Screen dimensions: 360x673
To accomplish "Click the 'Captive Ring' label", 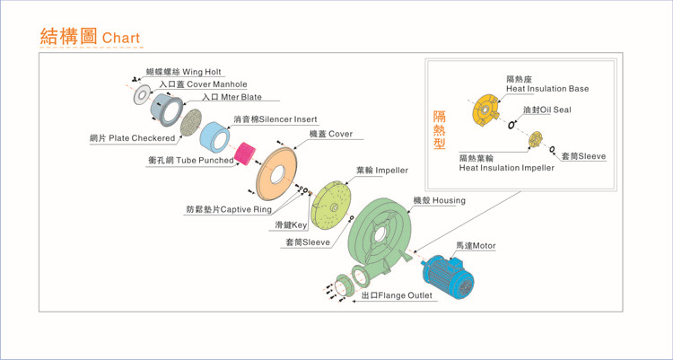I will click(x=229, y=209).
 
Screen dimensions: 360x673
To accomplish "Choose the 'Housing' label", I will click(x=439, y=200).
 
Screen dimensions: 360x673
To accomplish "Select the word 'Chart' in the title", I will click(x=121, y=39).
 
